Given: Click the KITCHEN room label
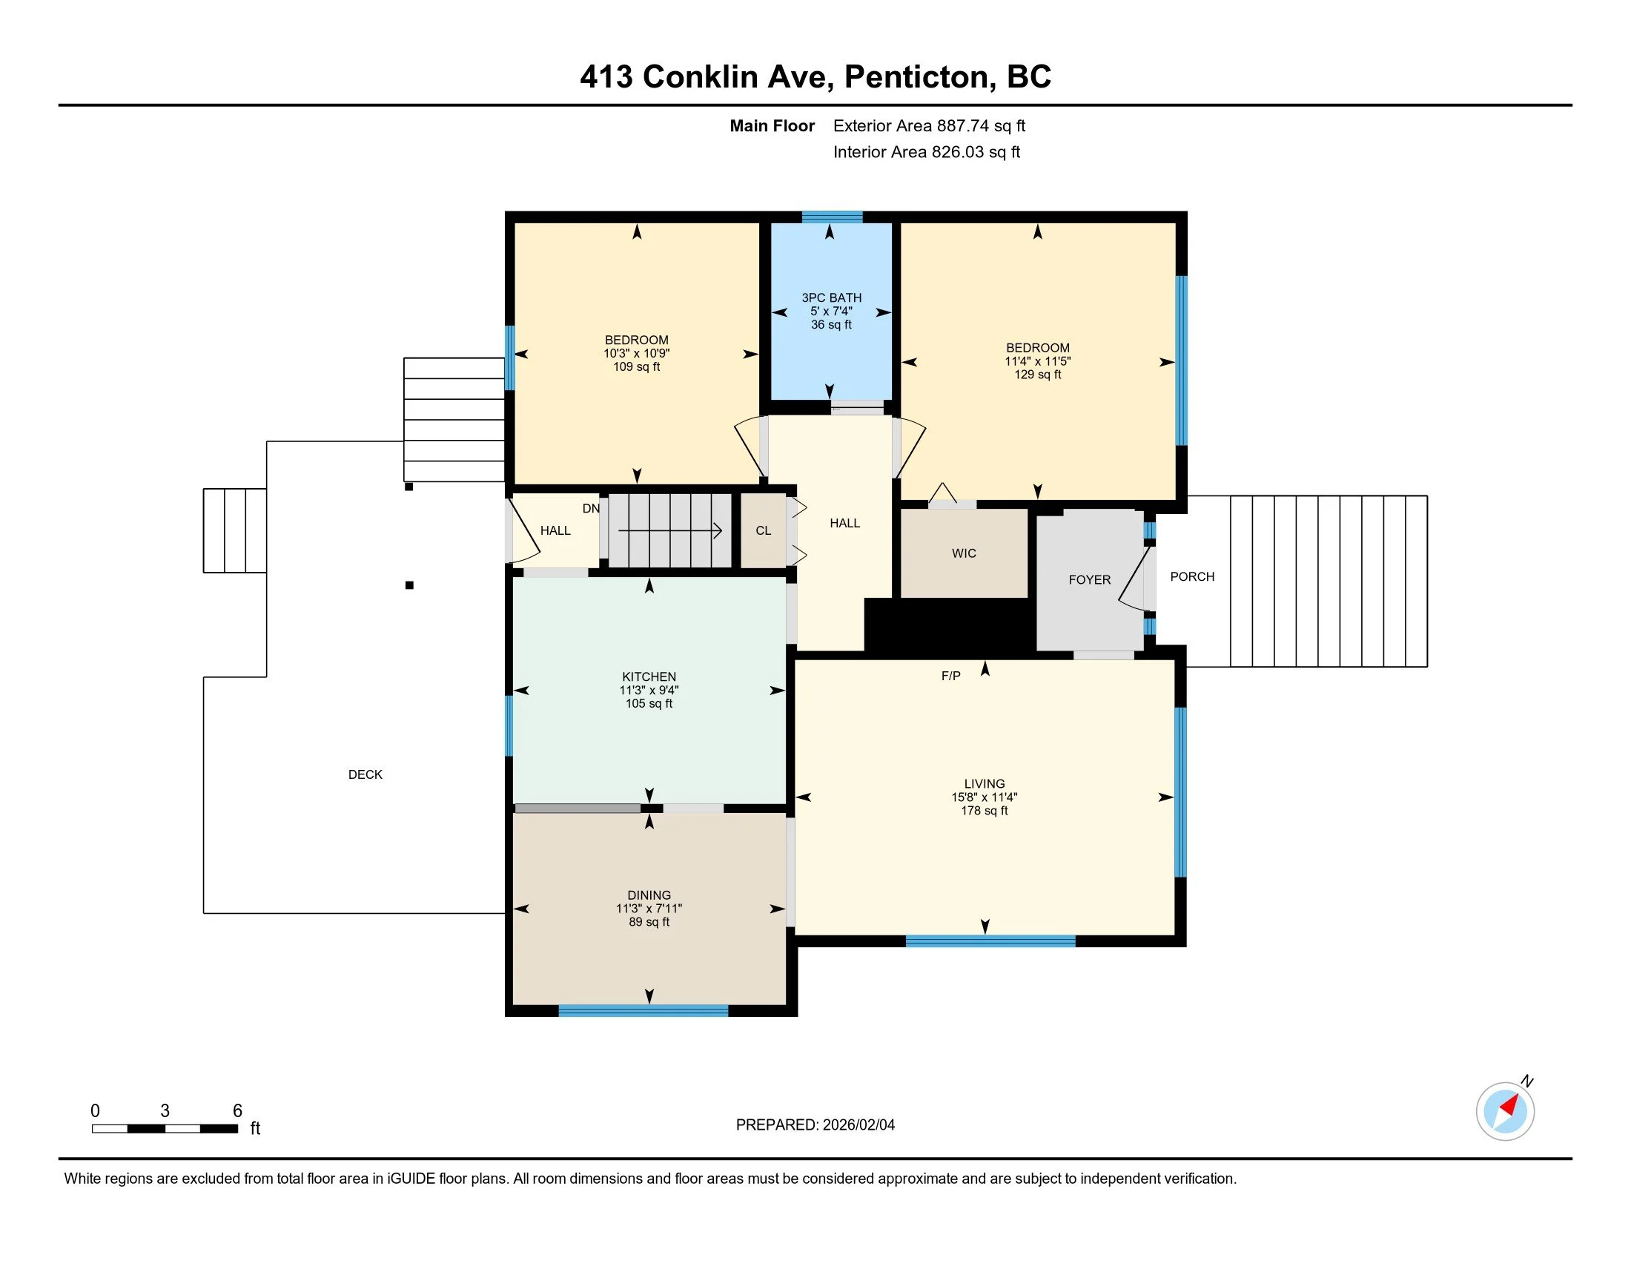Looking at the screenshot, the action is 649,676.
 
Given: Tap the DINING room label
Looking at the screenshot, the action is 649,895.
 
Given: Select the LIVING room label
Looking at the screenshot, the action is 985,783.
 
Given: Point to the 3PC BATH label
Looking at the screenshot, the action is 831,297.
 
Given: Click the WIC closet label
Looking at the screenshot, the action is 964,553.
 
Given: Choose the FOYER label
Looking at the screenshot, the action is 1090,580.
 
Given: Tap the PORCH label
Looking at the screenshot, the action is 1193,576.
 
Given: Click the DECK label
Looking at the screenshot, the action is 365,774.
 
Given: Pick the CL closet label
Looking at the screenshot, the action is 763,530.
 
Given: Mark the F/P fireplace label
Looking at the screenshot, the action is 950,676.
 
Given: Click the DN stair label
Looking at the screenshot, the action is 591,509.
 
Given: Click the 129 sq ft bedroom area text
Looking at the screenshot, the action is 1037,375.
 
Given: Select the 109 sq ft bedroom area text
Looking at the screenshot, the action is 636,366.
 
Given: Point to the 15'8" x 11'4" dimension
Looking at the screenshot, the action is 985,797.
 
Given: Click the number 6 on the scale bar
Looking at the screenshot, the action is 237,1111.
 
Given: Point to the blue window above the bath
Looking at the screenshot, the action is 832,217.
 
